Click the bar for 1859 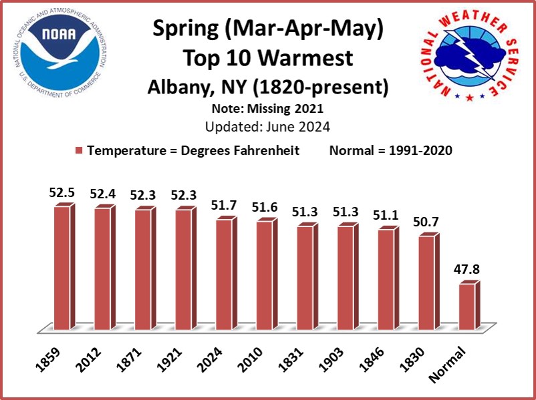pos(62,267)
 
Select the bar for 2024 pos(224,274)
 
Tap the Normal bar pos(467,307)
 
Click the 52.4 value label pos(103,194)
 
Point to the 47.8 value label pos(468,271)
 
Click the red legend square pos(80,151)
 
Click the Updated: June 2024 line pos(267,125)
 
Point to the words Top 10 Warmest pos(267,58)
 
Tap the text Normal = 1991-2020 pos(391,151)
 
